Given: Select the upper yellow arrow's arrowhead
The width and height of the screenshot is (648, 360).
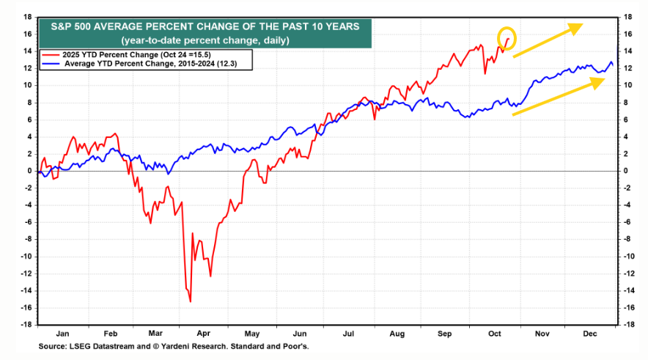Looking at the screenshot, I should click(x=576, y=28).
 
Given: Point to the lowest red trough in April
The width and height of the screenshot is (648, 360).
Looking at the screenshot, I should click(x=191, y=301).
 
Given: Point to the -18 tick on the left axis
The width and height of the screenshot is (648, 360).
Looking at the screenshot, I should click(x=25, y=325).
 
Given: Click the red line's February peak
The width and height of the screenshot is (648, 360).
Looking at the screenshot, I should click(x=115, y=134).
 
